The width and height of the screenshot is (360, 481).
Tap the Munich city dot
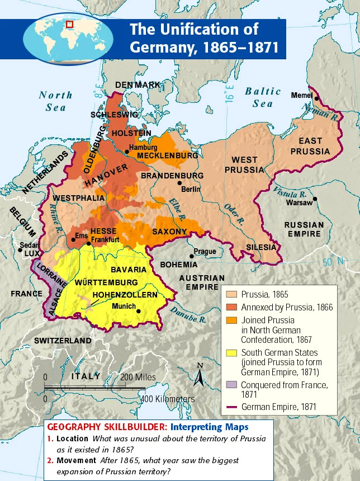[139, 312]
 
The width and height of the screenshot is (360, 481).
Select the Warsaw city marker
[315, 198]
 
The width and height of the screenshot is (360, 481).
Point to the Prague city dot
[192, 256]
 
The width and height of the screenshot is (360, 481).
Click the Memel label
[302, 96]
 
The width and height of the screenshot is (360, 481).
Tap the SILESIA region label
[261, 247]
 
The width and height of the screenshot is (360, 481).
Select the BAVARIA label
[129, 270]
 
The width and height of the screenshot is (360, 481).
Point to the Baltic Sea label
[263, 97]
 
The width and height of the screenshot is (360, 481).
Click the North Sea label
[56, 100]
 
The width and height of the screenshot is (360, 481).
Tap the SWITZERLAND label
[63, 341]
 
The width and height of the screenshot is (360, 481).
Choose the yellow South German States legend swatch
[231, 353]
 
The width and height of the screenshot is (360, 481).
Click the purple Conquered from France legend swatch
[231, 385]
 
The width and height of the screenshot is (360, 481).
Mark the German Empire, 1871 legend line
[231, 407]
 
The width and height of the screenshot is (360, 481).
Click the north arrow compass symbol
[198, 375]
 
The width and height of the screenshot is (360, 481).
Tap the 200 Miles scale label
[138, 377]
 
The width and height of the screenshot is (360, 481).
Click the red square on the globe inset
[70, 25]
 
